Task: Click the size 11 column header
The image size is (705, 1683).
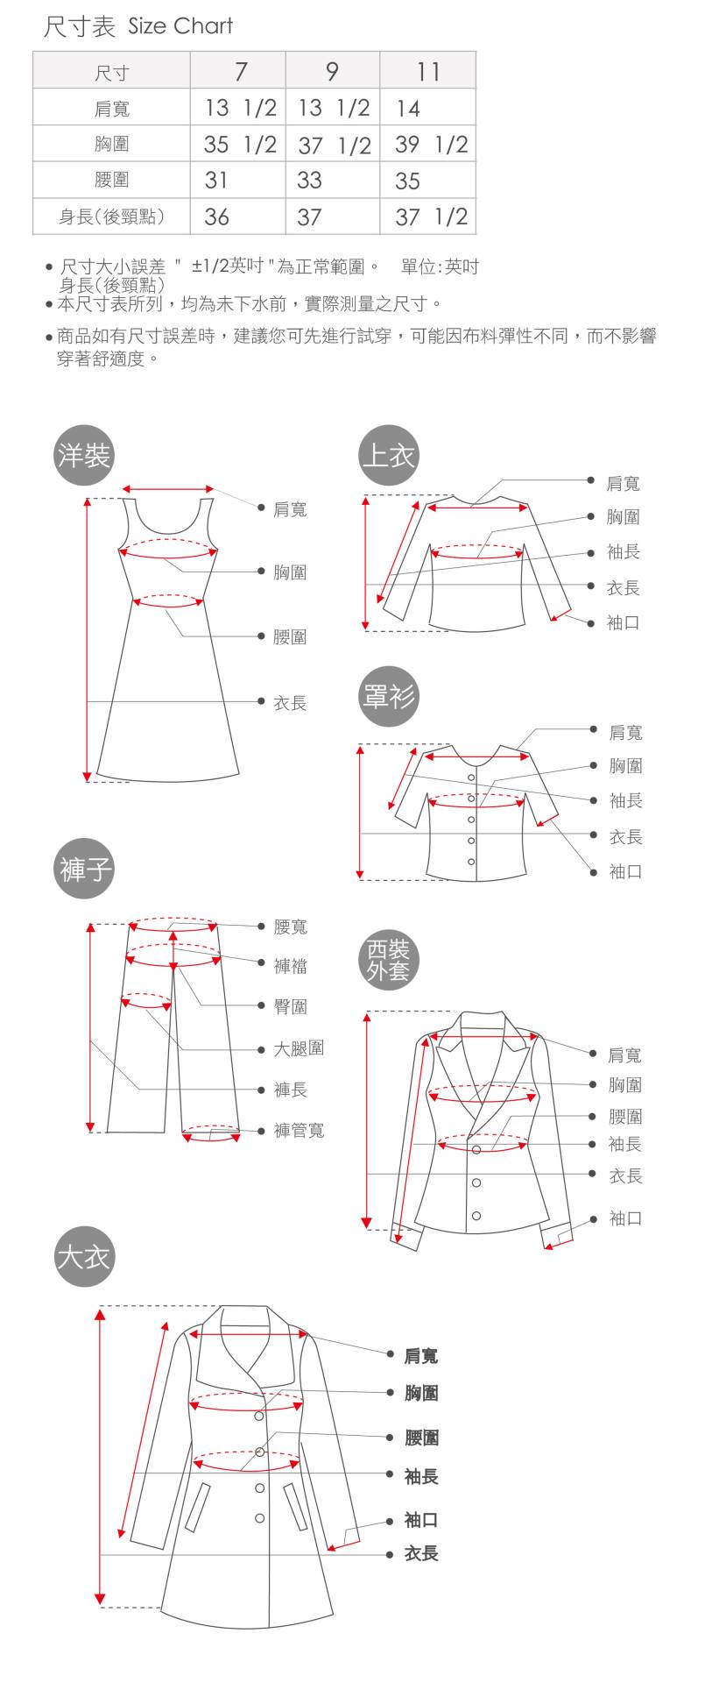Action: pyautogui.click(x=427, y=71)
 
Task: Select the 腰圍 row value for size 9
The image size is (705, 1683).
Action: pyautogui.click(x=309, y=181)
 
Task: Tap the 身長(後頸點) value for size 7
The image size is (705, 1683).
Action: pyautogui.click(x=216, y=217)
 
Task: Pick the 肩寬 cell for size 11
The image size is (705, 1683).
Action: pyautogui.click(x=408, y=109)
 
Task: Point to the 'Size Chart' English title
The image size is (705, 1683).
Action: pyautogui.click(x=180, y=26)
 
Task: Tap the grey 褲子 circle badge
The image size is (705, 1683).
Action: pyautogui.click(x=84, y=870)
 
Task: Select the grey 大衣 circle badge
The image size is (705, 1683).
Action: pyautogui.click(x=84, y=1257)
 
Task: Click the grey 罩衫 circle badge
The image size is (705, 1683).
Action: pyautogui.click(x=388, y=697)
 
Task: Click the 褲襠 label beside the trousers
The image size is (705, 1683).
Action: pyautogui.click(x=290, y=966)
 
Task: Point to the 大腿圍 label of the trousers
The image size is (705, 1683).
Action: pyautogui.click(x=299, y=1048)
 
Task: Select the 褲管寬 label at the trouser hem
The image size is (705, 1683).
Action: pyautogui.click(x=299, y=1131)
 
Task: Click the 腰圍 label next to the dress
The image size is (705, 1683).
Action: pyautogui.click(x=290, y=637)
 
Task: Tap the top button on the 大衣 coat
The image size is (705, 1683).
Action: pyautogui.click(x=259, y=1417)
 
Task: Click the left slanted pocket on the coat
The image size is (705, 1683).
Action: pyautogui.click(x=199, y=1506)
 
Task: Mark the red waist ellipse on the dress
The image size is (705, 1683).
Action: pyautogui.click(x=168, y=600)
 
